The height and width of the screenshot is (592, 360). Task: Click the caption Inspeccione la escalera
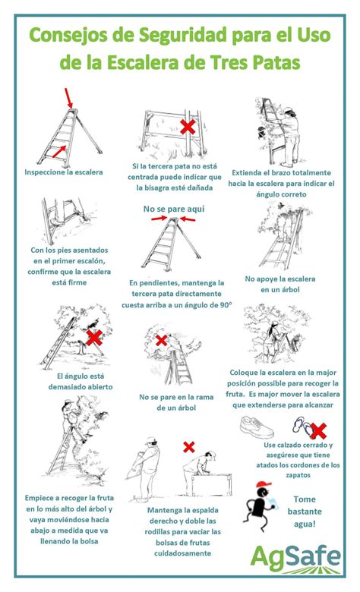(64, 172)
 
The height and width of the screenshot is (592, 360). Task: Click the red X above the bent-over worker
(189, 447)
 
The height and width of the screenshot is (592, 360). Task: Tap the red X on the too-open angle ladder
(94, 337)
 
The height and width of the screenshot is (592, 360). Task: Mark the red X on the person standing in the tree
(161, 341)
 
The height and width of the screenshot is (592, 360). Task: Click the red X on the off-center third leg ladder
(188, 127)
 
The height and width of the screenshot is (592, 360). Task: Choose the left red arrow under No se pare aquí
(159, 219)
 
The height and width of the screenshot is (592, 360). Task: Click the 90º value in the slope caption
(224, 305)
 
